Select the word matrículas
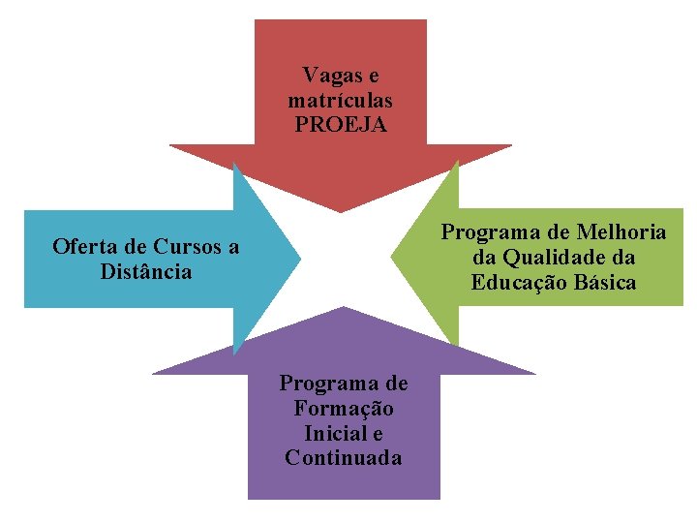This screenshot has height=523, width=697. (x=340, y=100)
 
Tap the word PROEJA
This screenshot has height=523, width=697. (x=340, y=125)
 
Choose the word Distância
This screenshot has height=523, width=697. (x=146, y=271)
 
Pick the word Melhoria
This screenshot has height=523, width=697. (x=620, y=232)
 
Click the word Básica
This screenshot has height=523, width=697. (x=602, y=283)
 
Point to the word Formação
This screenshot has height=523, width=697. (x=344, y=408)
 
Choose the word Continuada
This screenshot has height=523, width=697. (x=344, y=458)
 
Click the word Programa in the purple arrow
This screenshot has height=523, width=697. (x=344, y=383)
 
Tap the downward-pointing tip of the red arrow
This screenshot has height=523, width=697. (x=341, y=211)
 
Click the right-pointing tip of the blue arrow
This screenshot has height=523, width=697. (x=298, y=259)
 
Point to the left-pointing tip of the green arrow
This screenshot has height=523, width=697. (x=392, y=258)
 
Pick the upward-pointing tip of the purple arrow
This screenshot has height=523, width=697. (x=344, y=308)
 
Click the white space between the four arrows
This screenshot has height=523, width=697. (x=345, y=259)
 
